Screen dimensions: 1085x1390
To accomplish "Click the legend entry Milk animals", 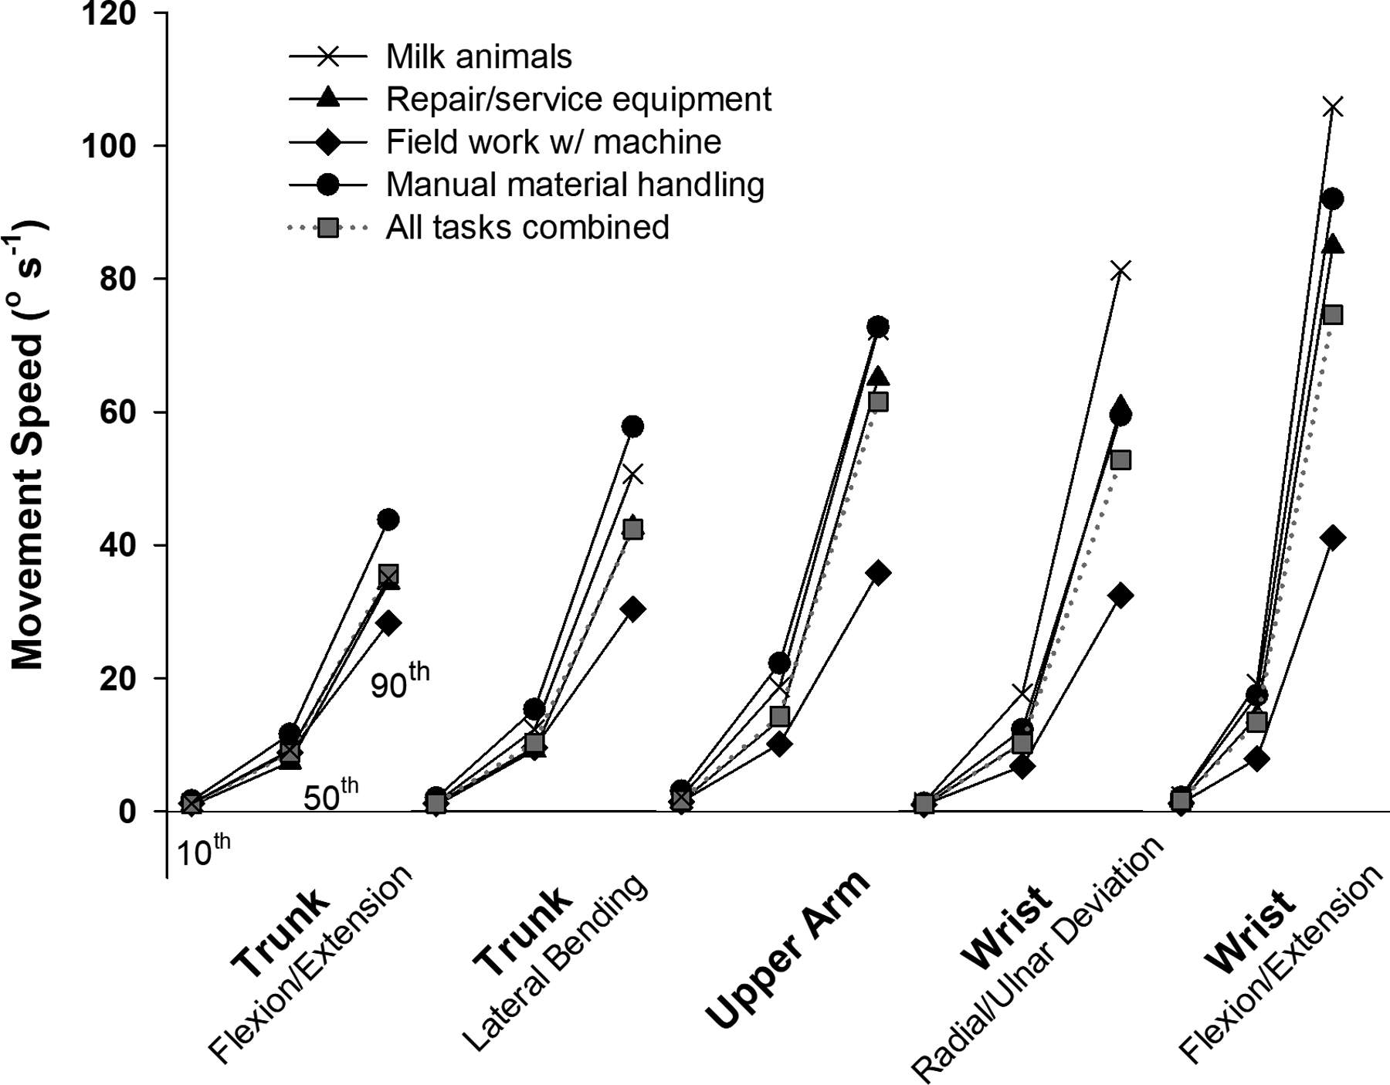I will point(479,56).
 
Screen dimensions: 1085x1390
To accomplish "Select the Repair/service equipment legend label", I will point(578,99).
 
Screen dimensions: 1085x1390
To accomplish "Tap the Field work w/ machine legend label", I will point(553,142).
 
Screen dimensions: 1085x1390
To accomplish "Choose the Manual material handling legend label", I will point(575,185).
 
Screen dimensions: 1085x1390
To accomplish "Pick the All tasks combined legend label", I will point(527,228).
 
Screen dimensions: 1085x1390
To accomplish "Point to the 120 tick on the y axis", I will point(114,13).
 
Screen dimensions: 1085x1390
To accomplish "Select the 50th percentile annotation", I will point(331,795).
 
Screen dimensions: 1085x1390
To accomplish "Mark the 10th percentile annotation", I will point(203,852).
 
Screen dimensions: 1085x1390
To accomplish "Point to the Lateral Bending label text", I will point(556,965).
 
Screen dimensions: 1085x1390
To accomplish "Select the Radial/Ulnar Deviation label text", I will point(1039,961).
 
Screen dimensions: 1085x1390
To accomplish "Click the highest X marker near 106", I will point(1332,107).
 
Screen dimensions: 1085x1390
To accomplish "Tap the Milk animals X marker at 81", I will point(1120,271).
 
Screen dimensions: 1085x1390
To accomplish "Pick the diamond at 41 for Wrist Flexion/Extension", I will point(1332,537).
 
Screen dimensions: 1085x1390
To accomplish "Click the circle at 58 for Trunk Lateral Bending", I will point(632,426).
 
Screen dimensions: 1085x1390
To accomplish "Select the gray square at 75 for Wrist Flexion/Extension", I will point(1333,315).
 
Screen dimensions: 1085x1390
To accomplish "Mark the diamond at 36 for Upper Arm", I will point(878,573).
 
